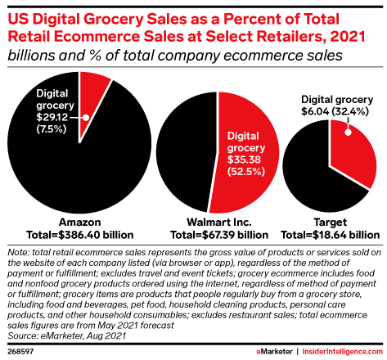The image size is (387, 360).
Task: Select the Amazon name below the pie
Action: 77,222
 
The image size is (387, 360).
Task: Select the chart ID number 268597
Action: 20,350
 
